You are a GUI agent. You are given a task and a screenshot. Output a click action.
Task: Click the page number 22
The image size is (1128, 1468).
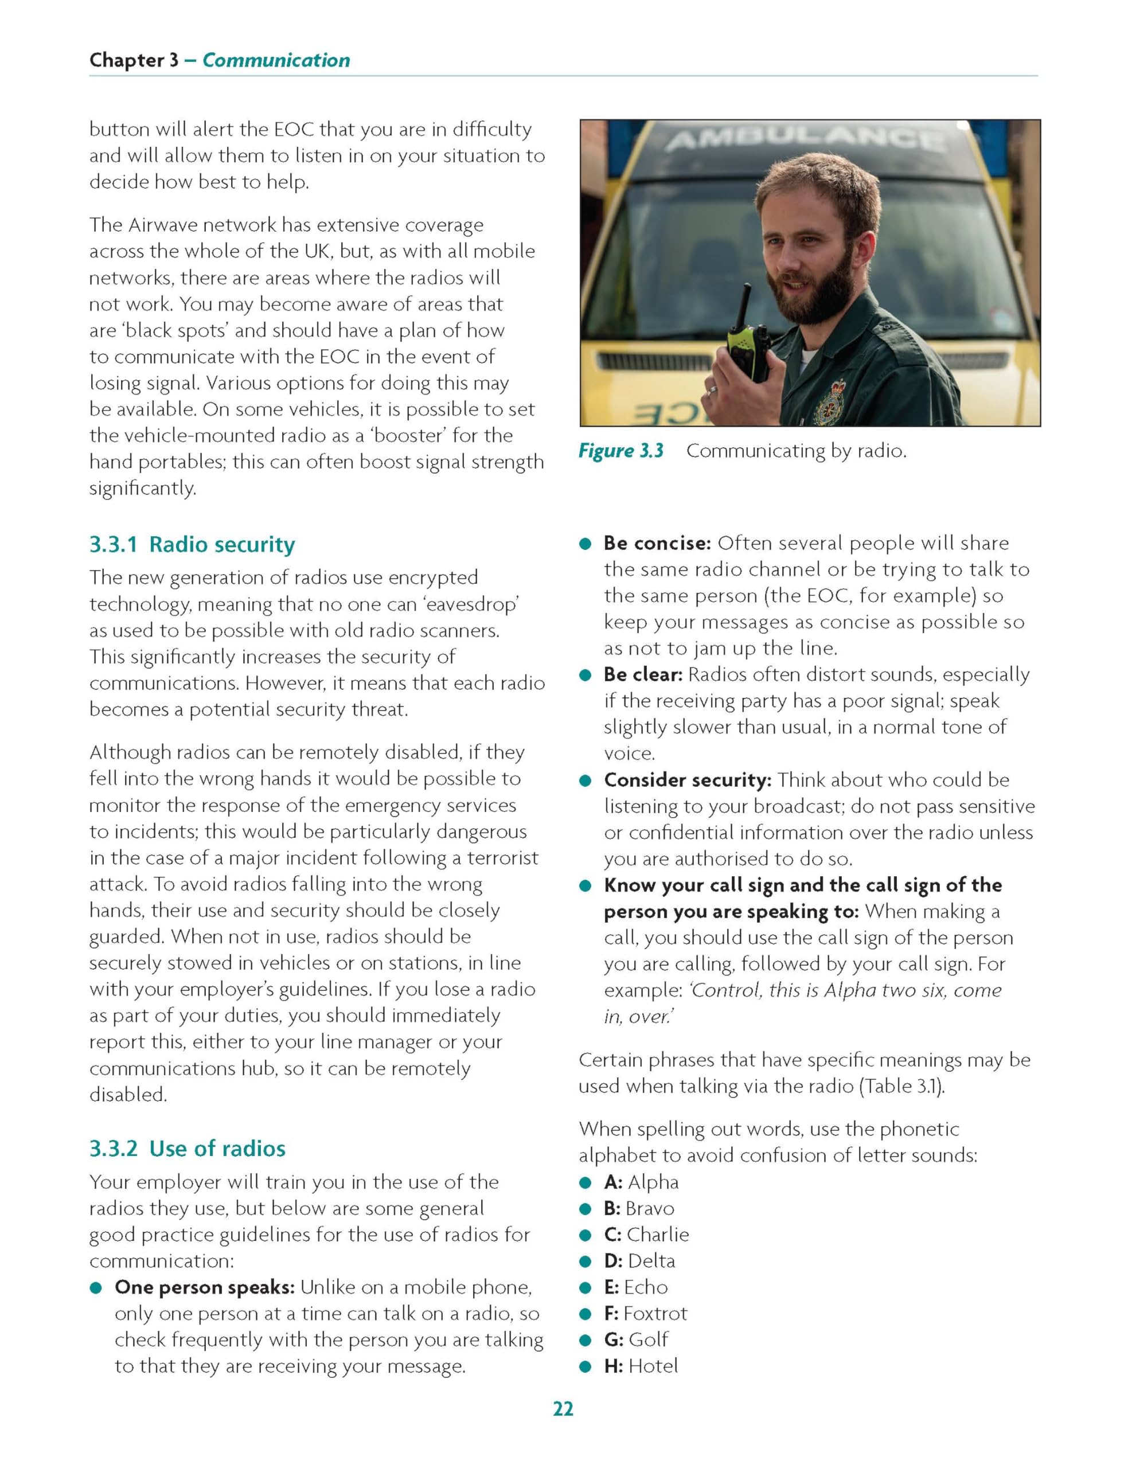pos(563,1408)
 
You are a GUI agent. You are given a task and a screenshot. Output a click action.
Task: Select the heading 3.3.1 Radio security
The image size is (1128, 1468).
pos(192,544)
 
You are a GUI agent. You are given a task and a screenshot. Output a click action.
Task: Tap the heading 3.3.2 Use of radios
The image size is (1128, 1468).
pos(188,1149)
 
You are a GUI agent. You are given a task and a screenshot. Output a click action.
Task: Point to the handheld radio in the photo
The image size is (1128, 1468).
pos(751,343)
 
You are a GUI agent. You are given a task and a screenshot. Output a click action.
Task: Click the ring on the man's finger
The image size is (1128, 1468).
pos(712,388)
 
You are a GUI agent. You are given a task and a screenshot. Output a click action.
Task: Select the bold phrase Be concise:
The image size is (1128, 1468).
pos(657,543)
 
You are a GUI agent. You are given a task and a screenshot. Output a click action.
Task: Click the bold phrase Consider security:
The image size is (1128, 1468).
pos(688,780)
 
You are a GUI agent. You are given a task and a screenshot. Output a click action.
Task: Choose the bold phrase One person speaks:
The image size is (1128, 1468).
pos(205,1287)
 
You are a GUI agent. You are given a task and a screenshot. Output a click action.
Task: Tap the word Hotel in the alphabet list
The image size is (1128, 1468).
pos(653,1366)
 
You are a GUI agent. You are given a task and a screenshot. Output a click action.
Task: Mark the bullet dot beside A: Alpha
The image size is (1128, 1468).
pos(586,1183)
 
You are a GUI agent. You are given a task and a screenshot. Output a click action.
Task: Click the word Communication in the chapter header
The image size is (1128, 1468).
pos(276,60)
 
